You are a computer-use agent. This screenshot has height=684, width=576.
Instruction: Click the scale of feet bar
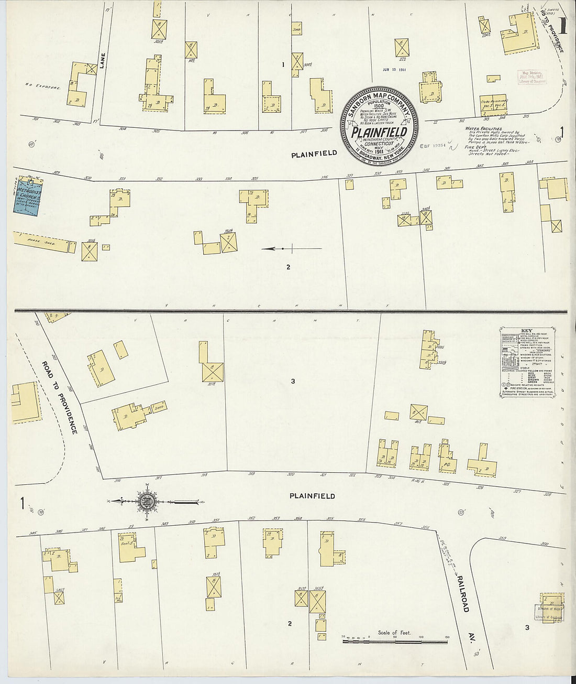coord(396,641)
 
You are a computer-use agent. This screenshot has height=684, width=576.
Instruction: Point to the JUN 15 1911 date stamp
coord(394,69)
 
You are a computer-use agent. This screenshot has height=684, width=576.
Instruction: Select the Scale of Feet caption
coord(394,633)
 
